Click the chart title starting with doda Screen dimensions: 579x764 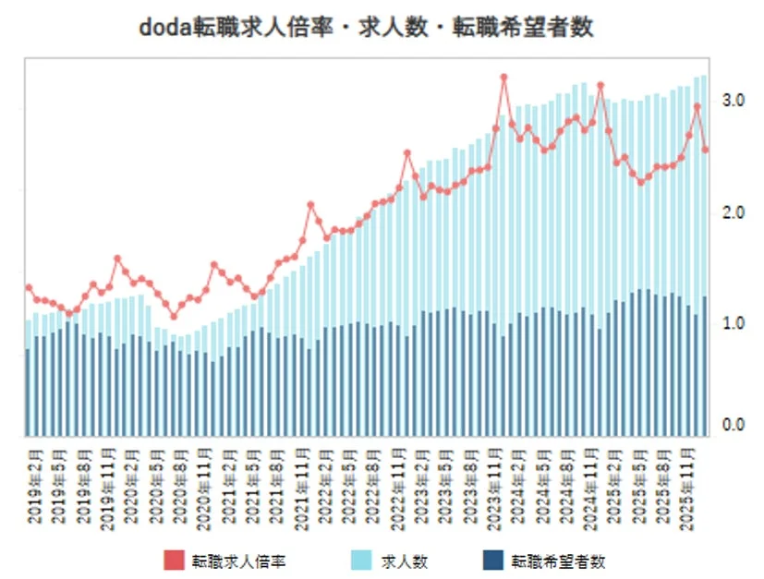click(365, 28)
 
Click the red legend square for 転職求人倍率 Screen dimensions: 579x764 click(175, 560)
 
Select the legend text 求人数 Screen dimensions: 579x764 click(405, 561)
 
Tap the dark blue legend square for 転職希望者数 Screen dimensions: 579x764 click(492, 560)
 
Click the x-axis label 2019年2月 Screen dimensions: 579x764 click(34, 486)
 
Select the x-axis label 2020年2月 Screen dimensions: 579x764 click(130, 486)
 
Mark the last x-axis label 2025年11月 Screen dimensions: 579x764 click(688, 486)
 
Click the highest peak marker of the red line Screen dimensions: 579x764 click(503, 78)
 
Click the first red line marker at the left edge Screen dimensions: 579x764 click(29, 288)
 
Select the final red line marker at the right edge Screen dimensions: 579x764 click(706, 150)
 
